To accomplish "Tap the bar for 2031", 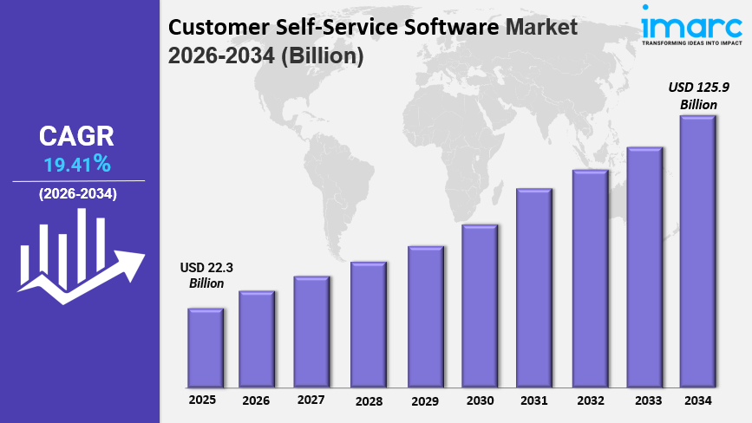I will (534, 287).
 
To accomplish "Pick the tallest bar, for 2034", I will (697, 251).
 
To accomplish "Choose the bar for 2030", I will (480, 305).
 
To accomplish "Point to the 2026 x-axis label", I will (256, 400).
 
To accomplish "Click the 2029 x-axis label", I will (425, 400).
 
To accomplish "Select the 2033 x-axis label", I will (648, 400).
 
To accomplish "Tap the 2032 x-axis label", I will (591, 400).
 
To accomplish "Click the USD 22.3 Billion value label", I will (206, 275).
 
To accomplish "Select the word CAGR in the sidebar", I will (76, 136).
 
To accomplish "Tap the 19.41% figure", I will (77, 163).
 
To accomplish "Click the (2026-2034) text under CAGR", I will (77, 194).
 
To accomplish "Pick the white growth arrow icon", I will (80, 260).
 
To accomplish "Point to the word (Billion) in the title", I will (315, 55).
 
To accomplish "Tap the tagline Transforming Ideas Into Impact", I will (692, 41).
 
